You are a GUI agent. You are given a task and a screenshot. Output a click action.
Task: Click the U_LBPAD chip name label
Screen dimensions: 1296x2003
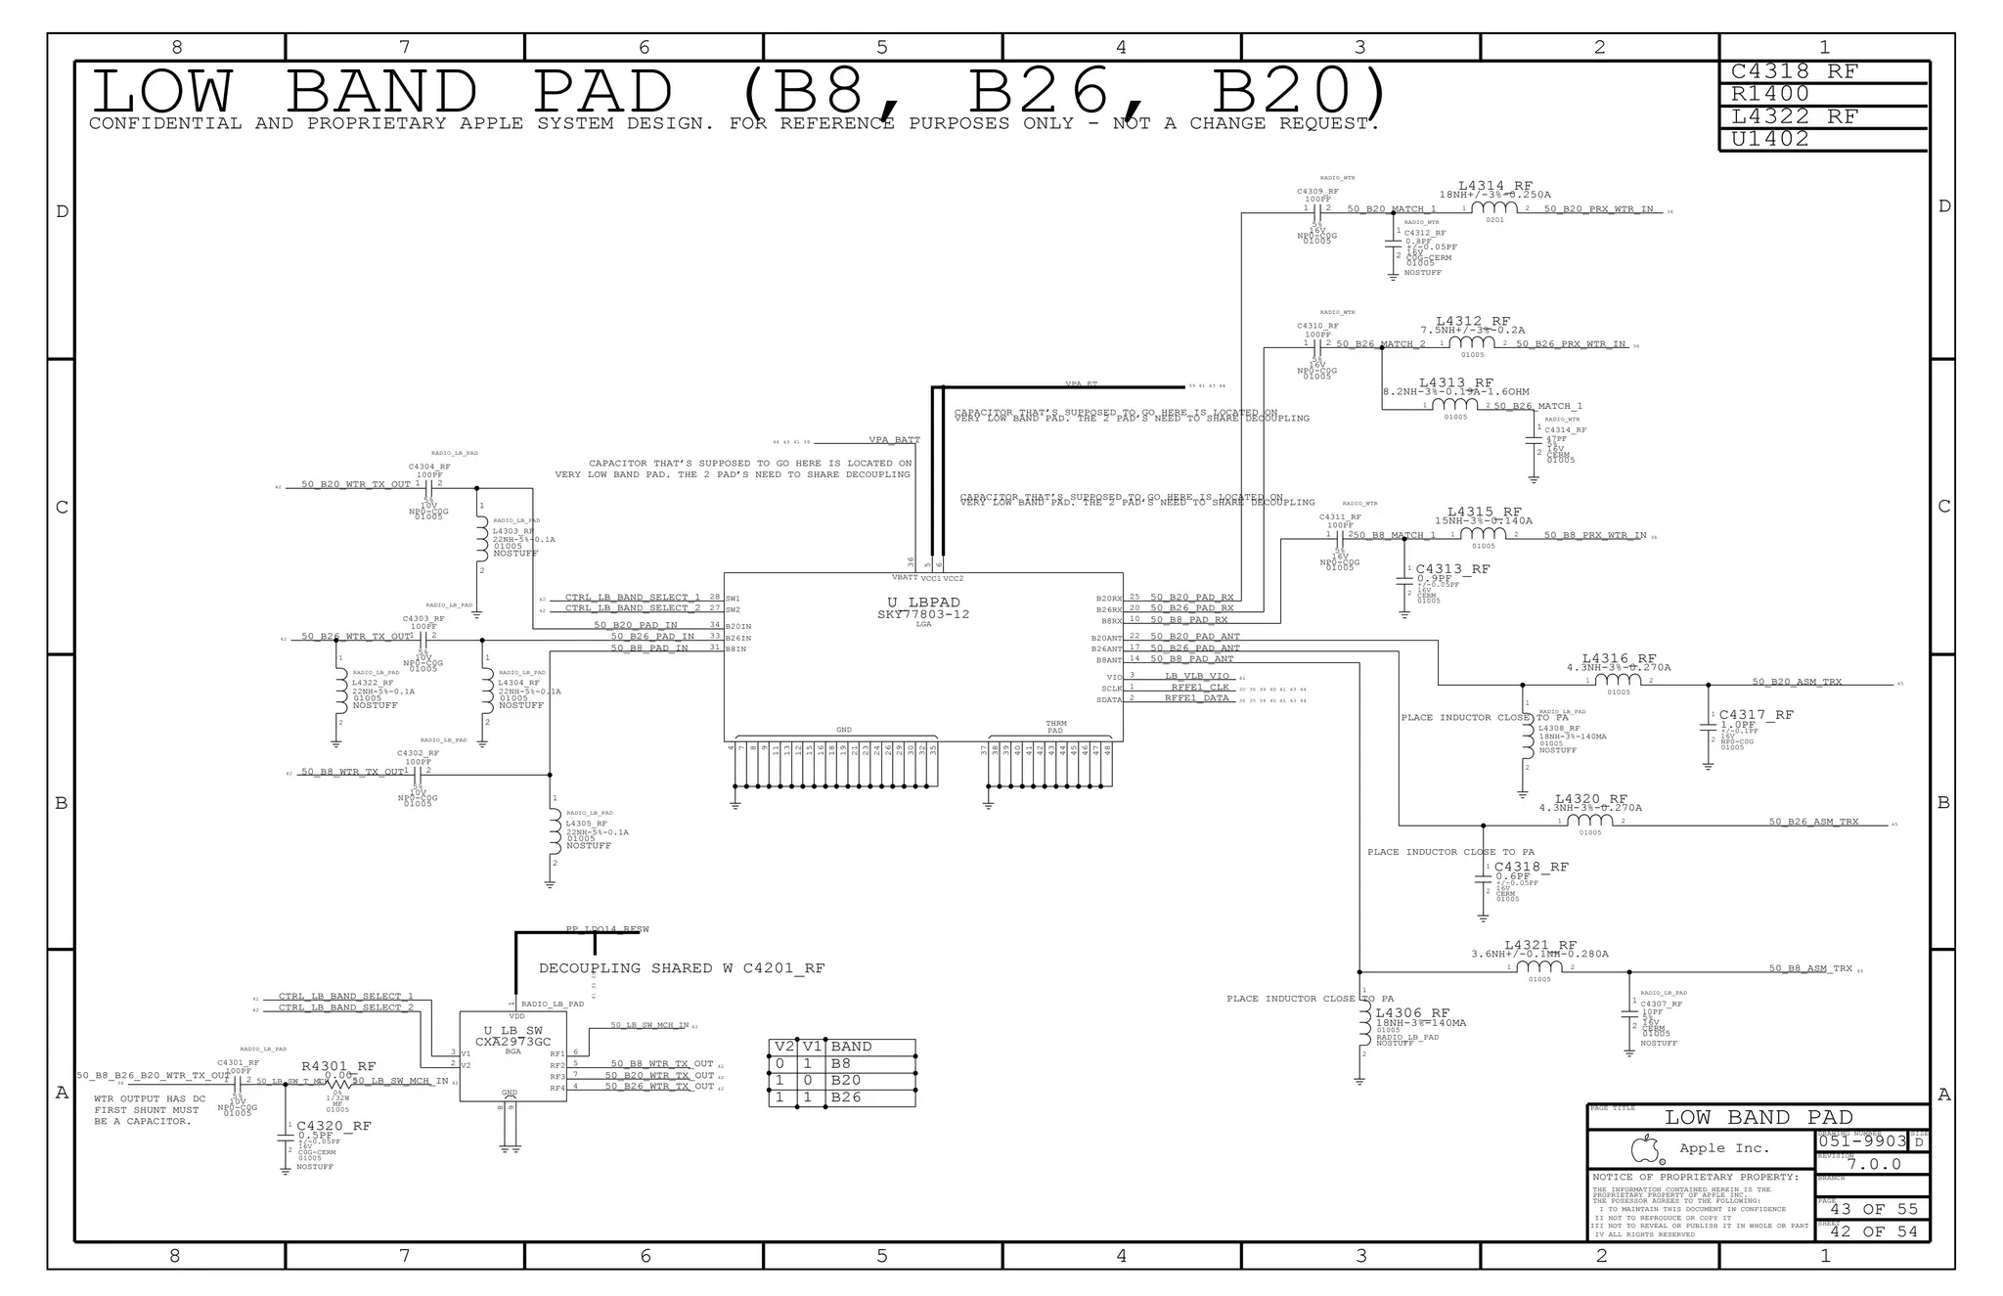pyautogui.click(x=923, y=603)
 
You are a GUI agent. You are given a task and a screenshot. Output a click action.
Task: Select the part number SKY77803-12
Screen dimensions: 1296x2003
pyautogui.click(x=923, y=614)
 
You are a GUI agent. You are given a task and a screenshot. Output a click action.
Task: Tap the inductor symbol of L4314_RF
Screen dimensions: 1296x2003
pyautogui.click(x=1495, y=208)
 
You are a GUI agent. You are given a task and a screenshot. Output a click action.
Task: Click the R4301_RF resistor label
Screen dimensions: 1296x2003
pyautogui.click(x=338, y=1066)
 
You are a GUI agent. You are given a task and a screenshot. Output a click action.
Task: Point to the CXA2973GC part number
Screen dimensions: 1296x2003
pyautogui.click(x=513, y=1042)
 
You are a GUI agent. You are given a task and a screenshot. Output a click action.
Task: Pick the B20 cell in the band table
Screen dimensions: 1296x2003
pyautogui.click(x=845, y=1081)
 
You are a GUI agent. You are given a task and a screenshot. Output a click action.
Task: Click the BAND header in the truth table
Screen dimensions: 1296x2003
pyautogui.click(x=851, y=1047)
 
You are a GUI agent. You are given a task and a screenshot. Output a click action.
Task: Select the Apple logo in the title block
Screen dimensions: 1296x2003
pyautogui.click(x=1647, y=1148)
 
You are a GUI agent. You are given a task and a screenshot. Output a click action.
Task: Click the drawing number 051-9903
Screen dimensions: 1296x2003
pyautogui.click(x=1862, y=1141)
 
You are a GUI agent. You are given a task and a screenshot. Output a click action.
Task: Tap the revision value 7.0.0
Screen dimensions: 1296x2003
pyautogui.click(x=1874, y=1164)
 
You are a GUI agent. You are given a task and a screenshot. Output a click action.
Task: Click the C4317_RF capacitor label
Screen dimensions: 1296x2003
pyautogui.click(x=1757, y=715)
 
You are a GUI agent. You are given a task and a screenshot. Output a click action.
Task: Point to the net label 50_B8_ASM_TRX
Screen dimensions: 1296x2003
pyautogui.click(x=1810, y=968)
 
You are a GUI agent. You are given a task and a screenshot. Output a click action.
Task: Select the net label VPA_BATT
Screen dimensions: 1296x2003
pyautogui.click(x=894, y=440)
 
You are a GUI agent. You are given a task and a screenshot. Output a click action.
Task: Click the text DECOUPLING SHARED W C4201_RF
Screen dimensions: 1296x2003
pyautogui.click(x=682, y=968)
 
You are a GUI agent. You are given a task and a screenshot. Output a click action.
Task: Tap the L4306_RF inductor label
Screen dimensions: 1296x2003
pyautogui.click(x=1412, y=1013)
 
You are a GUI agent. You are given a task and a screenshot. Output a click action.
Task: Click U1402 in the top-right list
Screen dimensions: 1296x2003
pyautogui.click(x=1770, y=139)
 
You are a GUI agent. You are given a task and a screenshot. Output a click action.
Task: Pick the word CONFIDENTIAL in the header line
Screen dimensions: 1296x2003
pyautogui.click(x=164, y=123)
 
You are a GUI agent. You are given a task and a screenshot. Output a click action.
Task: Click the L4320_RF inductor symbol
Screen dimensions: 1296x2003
pyautogui.click(x=1590, y=821)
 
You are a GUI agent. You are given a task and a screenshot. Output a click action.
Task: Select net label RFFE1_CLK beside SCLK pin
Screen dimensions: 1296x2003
pyautogui.click(x=1199, y=687)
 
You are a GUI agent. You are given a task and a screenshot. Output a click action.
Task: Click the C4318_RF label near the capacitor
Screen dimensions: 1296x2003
pyautogui.click(x=1531, y=867)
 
